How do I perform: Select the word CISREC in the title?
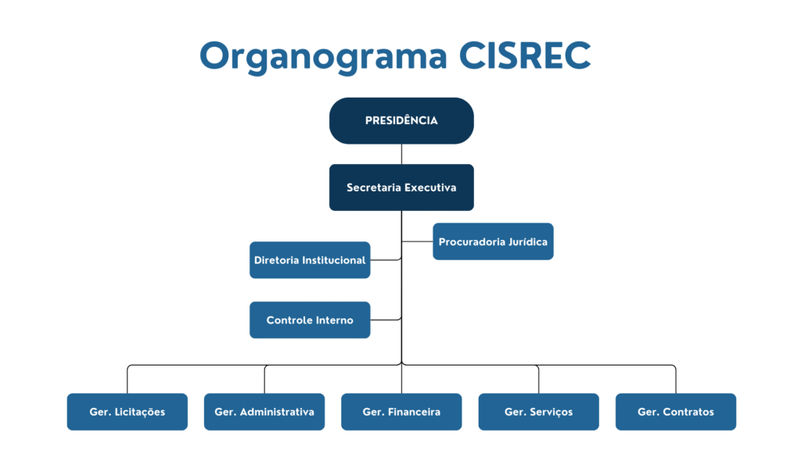point(525,55)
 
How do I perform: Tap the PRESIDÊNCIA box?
point(401,120)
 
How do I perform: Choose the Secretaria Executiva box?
point(401,187)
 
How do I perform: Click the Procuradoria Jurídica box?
point(493,241)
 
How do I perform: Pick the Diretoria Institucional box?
point(310,260)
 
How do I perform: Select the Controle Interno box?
point(310,320)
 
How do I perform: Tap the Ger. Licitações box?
point(128,412)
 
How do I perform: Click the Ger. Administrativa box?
point(264,412)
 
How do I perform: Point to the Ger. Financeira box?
point(401,412)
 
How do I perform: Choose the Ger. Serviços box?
point(538,412)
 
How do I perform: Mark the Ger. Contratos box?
point(676,412)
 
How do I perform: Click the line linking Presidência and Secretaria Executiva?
point(401,154)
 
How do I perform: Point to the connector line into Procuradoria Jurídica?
point(418,241)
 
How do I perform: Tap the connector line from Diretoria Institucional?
point(386,259)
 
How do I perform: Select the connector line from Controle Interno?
point(386,320)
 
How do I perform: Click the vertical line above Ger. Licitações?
point(128,380)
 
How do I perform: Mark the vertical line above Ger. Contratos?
point(676,380)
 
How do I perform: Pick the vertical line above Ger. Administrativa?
point(264,380)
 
